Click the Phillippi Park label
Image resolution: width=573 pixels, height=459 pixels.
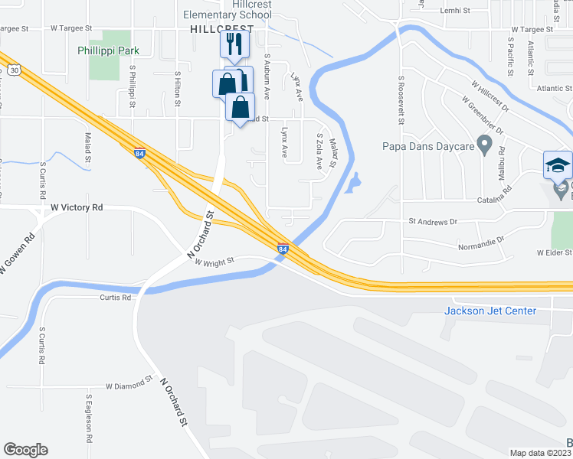coord(107,50)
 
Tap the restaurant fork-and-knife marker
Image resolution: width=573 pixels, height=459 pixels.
coord(234,44)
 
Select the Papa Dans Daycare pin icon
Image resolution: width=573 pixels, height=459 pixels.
coord(484,143)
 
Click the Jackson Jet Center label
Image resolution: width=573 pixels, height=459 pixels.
coord(490,311)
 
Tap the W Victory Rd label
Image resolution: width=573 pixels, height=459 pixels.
coord(77,207)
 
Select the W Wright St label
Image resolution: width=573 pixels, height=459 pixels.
coord(214,262)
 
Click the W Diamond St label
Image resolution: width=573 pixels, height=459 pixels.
coord(129,386)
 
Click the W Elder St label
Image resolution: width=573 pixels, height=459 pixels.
coord(554,252)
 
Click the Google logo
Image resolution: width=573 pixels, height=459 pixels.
coord(25,450)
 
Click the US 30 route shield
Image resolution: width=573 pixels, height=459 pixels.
coord(14,70)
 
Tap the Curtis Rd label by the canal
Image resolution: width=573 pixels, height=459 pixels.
coord(116,298)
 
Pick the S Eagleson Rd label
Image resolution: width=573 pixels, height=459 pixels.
coord(90,418)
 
